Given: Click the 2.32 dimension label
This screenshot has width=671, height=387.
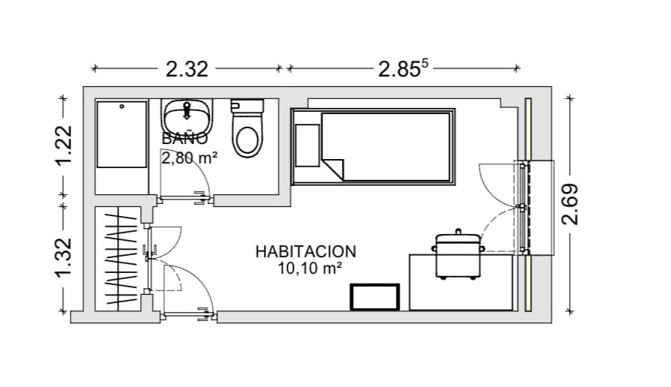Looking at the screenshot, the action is [x=187, y=69].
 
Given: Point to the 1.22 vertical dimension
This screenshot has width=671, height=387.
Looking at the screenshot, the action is [x=63, y=145].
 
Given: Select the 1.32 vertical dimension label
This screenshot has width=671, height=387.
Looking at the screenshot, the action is [x=63, y=257].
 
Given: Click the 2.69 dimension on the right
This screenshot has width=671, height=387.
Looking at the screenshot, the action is [x=570, y=204].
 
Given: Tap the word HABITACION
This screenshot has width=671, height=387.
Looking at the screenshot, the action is [x=306, y=252].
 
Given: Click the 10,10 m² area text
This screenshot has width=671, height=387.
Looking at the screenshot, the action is [x=310, y=268].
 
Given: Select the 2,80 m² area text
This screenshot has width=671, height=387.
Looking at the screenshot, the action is [x=190, y=158].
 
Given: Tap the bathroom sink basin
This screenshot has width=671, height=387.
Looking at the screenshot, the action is [x=187, y=116].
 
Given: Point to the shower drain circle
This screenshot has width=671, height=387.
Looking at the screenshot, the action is [x=122, y=106].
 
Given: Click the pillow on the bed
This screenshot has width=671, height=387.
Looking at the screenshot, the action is [x=307, y=145].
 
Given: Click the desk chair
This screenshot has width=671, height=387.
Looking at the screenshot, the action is [x=458, y=255].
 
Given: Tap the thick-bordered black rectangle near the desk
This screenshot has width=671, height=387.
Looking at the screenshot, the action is [x=375, y=297].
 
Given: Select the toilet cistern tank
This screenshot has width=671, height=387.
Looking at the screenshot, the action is [x=247, y=106].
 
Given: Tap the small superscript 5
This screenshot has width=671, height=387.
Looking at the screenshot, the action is [x=424, y=63].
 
